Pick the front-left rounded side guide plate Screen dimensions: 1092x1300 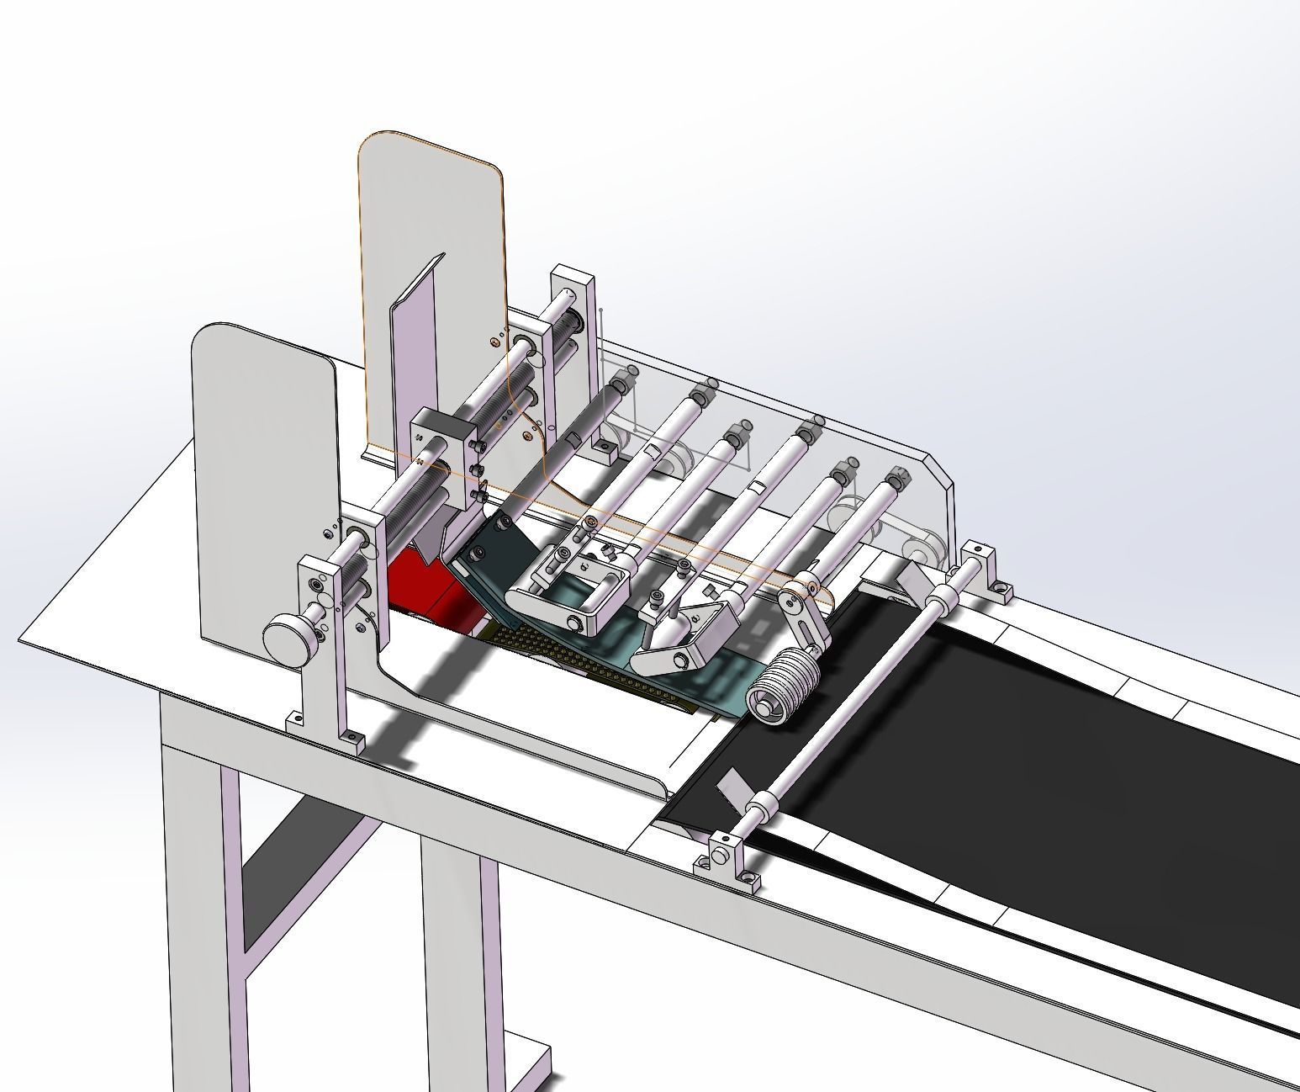261,471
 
